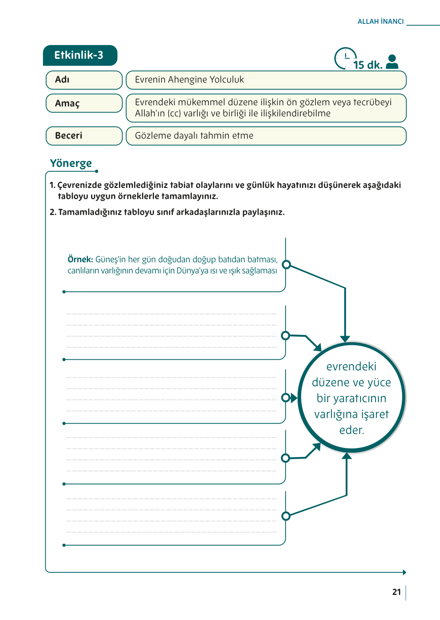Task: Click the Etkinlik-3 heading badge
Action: tap(80, 55)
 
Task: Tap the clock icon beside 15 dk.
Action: tap(345, 58)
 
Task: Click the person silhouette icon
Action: tap(392, 62)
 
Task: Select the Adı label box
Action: tap(84, 80)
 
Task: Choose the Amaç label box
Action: tap(84, 103)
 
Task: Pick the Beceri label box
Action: tap(84, 136)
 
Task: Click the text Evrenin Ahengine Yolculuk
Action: tap(189, 80)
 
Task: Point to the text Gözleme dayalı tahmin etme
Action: tap(194, 136)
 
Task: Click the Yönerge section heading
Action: tap(71, 163)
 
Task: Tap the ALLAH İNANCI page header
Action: tap(380, 21)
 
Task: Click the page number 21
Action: tap(396, 592)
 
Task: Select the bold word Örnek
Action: tap(80, 260)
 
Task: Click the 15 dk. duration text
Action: tap(368, 65)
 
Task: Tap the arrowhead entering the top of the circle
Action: tap(345, 339)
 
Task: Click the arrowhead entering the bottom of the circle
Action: tap(347, 456)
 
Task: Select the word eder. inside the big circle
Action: tap(352, 430)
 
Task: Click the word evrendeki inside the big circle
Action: tap(351, 366)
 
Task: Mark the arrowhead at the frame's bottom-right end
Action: tap(404, 572)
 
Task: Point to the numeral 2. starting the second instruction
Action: tap(53, 212)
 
